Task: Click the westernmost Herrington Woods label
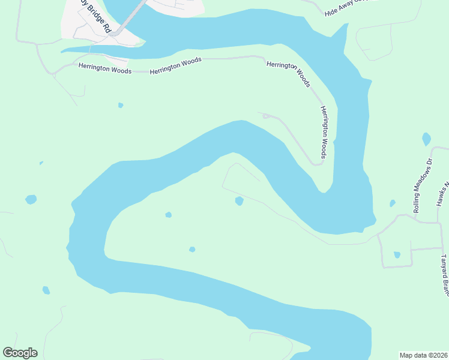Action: [105, 69]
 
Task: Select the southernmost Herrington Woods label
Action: [324, 133]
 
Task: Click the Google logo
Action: [20, 353]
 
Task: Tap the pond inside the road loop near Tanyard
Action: [397, 254]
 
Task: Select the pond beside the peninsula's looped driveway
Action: [239, 201]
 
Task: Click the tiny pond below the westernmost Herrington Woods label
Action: [121, 105]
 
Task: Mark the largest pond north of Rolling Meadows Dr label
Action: [426, 139]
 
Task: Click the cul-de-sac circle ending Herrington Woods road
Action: [265, 116]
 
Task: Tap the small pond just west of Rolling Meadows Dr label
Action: [393, 203]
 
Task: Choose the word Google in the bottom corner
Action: [20, 353]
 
